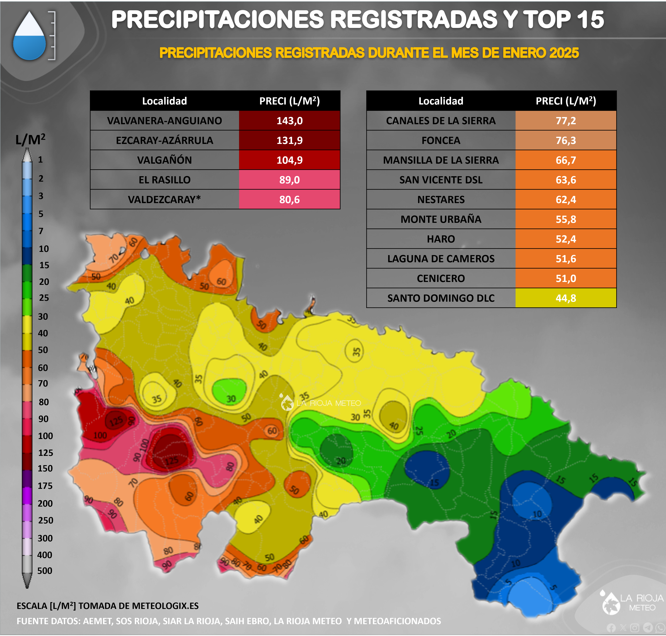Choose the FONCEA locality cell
click(x=441, y=140)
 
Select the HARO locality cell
click(x=441, y=239)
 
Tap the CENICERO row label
click(x=441, y=278)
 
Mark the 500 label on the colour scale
click(x=45, y=571)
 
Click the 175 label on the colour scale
click(x=45, y=486)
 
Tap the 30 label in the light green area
click(x=231, y=399)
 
